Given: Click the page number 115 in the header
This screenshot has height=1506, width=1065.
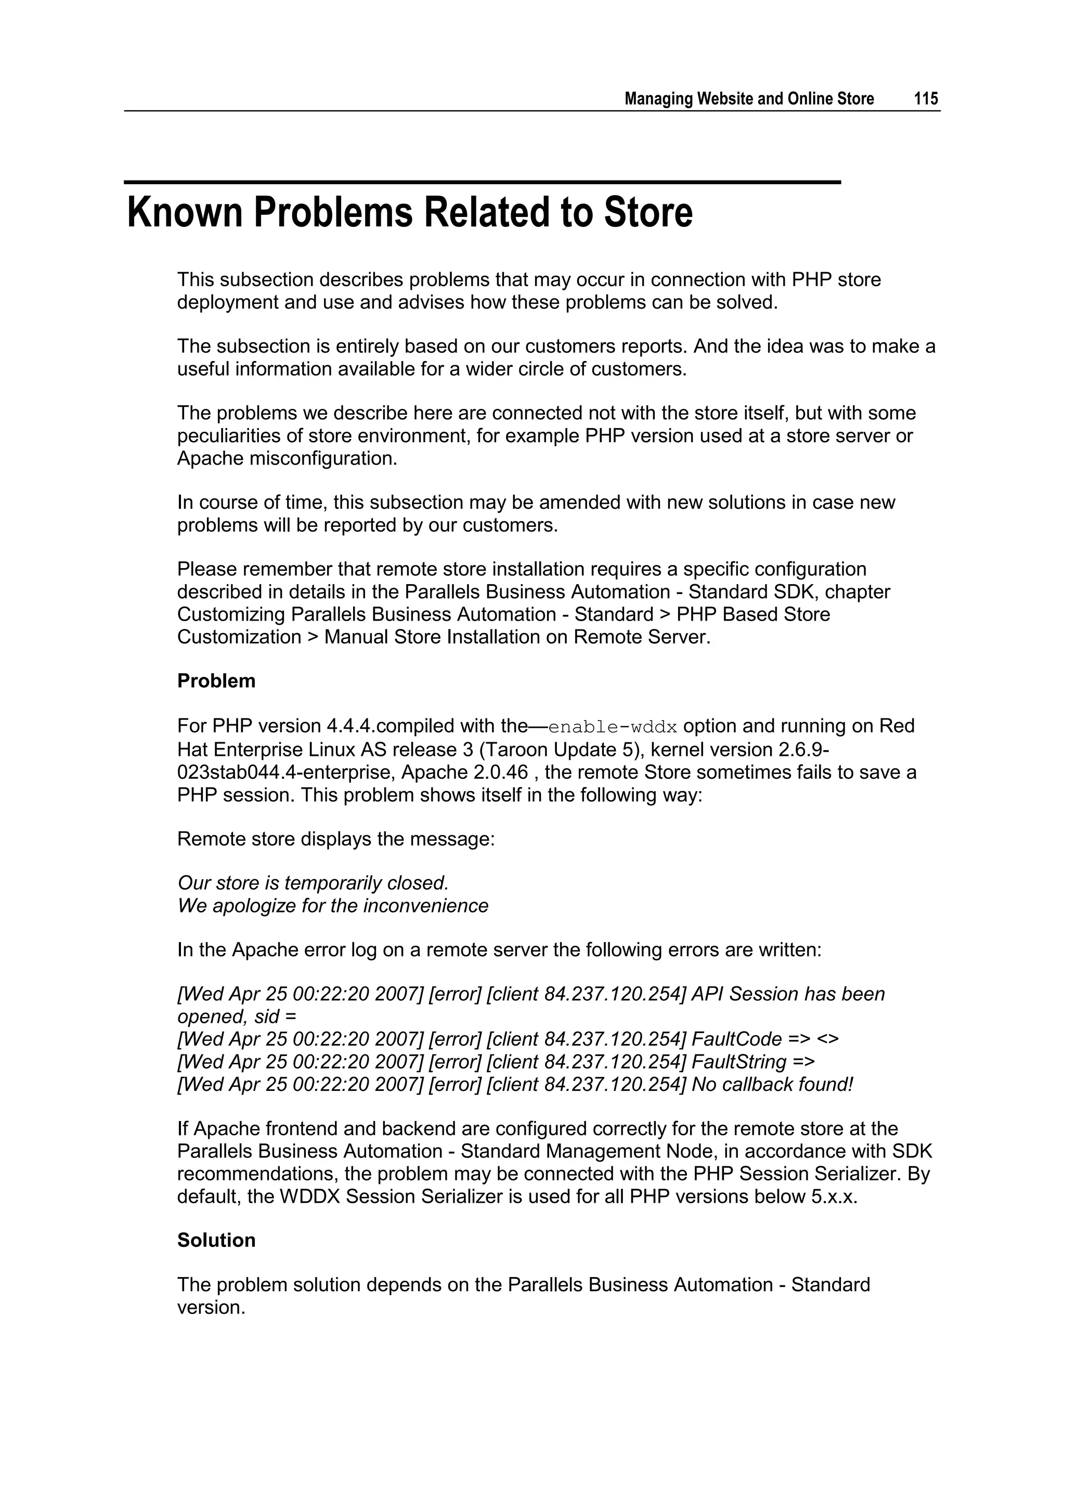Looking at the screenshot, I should coord(926,99).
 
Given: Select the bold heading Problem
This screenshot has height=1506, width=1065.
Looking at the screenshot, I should coord(216,681).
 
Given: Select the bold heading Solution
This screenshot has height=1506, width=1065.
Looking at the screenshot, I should coord(216,1240).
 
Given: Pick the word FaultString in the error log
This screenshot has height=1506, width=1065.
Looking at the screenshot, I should coord(739,1061).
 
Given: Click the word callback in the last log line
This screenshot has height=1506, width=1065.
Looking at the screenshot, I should coord(756,1084).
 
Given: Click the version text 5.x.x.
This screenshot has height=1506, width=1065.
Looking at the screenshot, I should coord(834,1196).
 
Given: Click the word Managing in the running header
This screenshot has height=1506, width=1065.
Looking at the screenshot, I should coord(658,99).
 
